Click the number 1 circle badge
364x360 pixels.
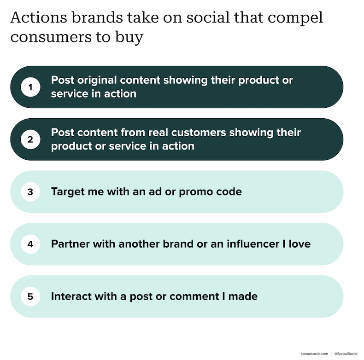(x=30, y=87)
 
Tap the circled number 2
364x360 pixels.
(x=30, y=139)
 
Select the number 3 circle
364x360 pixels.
(x=30, y=192)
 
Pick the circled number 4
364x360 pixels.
(x=30, y=244)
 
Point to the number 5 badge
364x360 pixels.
(x=30, y=296)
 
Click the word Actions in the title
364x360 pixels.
(x=39, y=17)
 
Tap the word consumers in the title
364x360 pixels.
(x=51, y=37)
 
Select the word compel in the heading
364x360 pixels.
(x=295, y=18)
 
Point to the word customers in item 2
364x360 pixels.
(x=199, y=133)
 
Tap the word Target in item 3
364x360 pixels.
(x=68, y=192)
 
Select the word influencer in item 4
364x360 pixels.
(x=253, y=244)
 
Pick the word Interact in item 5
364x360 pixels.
(x=71, y=296)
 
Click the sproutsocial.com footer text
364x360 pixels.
(x=314, y=354)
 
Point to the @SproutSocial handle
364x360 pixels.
(x=346, y=354)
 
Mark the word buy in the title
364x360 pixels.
(x=129, y=38)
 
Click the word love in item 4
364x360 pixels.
(x=299, y=244)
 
